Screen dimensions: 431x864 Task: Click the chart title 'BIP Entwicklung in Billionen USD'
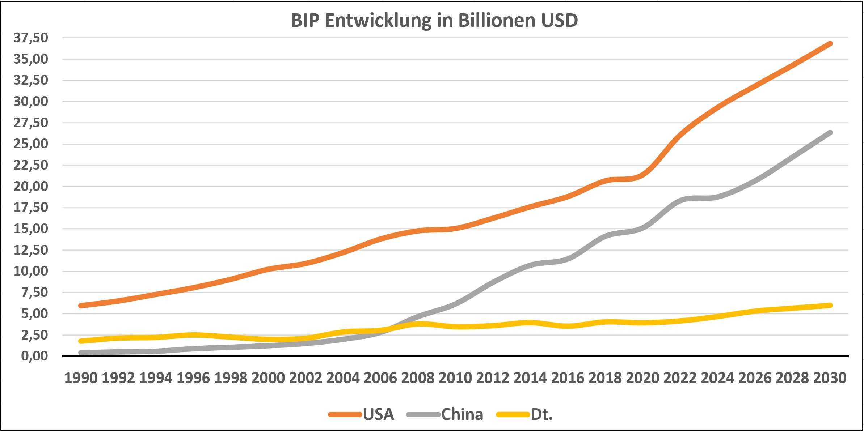click(x=434, y=20)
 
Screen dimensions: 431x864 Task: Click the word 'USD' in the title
click(x=559, y=20)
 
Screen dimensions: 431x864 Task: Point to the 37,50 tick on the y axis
click(x=31, y=38)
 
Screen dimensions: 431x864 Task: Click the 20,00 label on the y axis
click(x=31, y=187)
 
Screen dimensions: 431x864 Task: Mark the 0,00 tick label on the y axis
click(x=34, y=356)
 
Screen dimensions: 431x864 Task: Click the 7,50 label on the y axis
click(x=34, y=293)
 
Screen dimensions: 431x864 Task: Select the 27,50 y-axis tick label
click(x=31, y=123)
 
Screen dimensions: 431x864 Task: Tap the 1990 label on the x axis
click(x=81, y=378)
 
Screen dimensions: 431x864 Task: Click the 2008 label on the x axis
click(x=418, y=378)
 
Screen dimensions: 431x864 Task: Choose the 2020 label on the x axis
click(x=642, y=378)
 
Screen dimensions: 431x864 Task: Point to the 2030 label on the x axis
click(x=830, y=378)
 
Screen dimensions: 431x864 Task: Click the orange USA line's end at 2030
click(x=830, y=44)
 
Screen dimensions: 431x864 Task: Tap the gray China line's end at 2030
click(x=830, y=133)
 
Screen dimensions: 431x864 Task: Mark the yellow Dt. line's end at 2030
click(x=830, y=306)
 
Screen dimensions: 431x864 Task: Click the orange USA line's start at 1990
click(x=81, y=306)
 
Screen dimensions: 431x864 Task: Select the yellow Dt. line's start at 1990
click(x=81, y=341)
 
